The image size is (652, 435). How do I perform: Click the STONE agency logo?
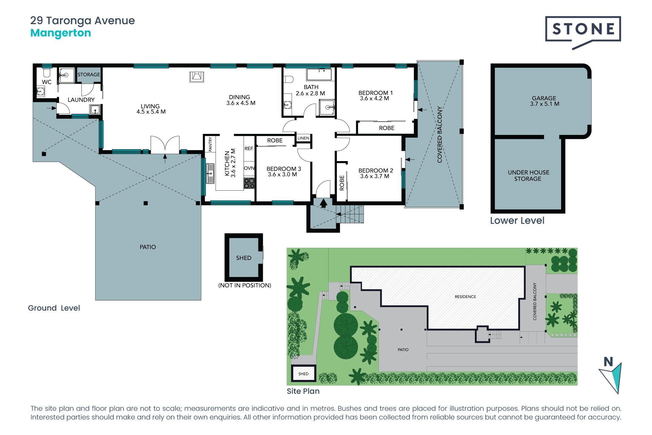tap(583, 32)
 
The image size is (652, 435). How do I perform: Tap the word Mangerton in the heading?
tap(61, 33)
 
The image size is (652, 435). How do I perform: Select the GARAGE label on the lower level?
tap(544, 98)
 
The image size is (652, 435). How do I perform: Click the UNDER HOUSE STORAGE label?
tap(528, 175)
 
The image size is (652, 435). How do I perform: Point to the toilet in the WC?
tap(47, 72)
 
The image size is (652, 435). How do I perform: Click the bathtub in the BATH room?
tap(319, 74)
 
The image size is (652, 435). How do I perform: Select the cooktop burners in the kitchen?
tap(249, 183)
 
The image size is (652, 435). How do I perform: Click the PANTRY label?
tap(210, 144)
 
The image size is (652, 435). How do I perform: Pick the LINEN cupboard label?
tap(303, 138)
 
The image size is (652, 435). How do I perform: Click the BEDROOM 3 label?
tap(284, 169)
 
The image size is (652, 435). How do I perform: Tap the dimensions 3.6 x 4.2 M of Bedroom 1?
tap(375, 99)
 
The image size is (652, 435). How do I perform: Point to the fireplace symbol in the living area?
tap(197, 77)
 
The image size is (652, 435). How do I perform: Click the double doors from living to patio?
tap(165, 145)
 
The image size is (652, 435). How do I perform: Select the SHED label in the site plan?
tap(303, 374)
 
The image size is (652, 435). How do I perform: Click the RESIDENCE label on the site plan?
tap(465, 297)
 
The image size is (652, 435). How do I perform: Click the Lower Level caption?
tap(517, 221)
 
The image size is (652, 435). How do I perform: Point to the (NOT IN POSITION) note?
tap(244, 285)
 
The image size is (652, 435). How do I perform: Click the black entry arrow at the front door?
tap(324, 203)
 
